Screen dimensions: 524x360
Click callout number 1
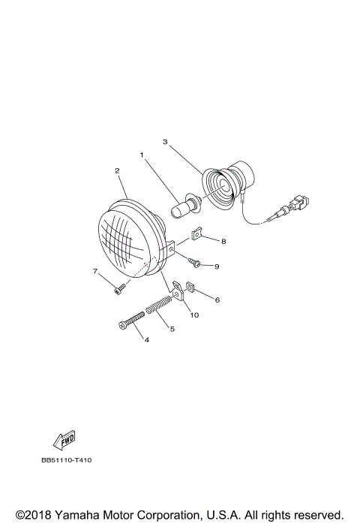pyautogui.click(x=140, y=155)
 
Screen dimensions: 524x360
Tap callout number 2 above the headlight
pyautogui.click(x=118, y=170)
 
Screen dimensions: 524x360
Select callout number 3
pyautogui.click(x=165, y=140)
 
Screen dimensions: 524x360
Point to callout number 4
pyautogui.click(x=147, y=340)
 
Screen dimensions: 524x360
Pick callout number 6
pyautogui.click(x=217, y=300)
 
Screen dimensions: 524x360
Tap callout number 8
pyautogui.click(x=223, y=241)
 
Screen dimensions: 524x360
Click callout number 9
pyautogui.click(x=216, y=266)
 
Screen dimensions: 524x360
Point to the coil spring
pyautogui.click(x=160, y=308)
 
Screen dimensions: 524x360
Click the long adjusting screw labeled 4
pyautogui.click(x=132, y=321)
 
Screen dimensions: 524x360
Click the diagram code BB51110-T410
pyautogui.click(x=71, y=460)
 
